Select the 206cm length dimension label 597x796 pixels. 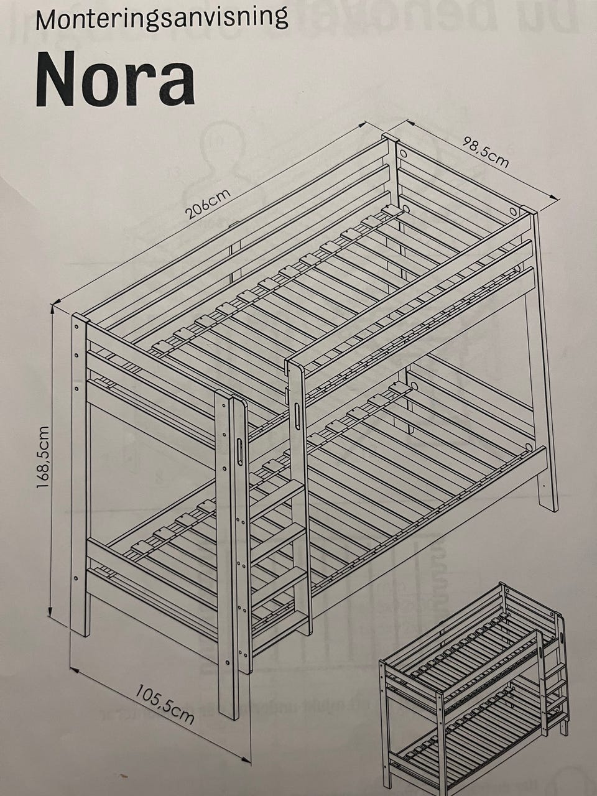(208, 205)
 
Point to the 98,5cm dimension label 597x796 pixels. (484, 152)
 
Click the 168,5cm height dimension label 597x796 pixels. (43, 457)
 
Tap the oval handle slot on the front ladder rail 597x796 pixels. (240, 451)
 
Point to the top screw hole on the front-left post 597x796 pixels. (76, 326)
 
